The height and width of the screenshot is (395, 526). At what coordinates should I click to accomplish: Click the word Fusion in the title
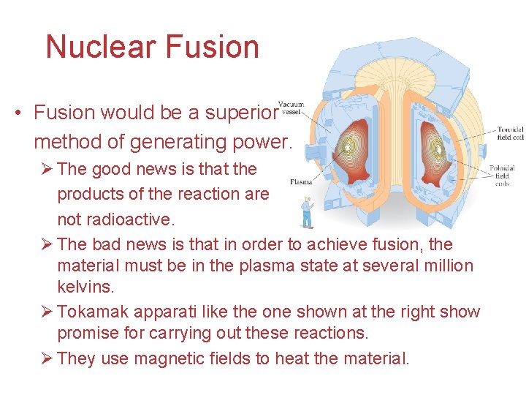tap(212, 47)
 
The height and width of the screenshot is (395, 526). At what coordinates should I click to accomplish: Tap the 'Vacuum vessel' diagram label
tap(291, 108)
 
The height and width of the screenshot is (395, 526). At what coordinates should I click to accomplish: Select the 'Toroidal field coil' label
tap(508, 132)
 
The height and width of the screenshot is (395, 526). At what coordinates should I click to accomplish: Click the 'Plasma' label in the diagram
tap(301, 181)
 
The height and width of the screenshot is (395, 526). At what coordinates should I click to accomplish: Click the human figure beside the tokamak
tap(308, 213)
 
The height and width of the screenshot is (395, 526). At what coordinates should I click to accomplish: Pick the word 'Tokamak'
tap(90, 312)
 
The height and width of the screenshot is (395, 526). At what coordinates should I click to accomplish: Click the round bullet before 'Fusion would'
tap(17, 113)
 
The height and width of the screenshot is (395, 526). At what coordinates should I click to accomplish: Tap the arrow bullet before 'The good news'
tap(47, 169)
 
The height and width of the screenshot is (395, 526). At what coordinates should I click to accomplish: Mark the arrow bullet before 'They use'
tap(47, 358)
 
